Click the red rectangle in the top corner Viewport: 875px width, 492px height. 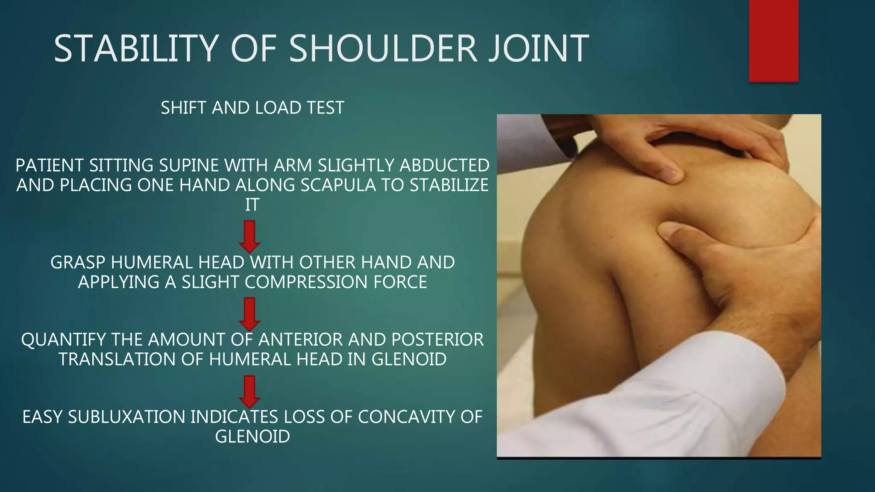click(x=773, y=41)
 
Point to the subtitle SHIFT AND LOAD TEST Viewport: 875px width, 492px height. click(x=252, y=108)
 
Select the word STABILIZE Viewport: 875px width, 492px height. click(x=449, y=185)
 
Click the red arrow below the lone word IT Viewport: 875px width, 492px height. click(x=250, y=236)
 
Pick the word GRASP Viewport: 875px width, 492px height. click(x=78, y=263)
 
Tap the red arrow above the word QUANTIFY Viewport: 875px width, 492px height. click(x=250, y=314)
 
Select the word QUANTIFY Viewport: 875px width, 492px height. click(x=63, y=340)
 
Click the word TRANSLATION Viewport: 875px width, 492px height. click(x=117, y=360)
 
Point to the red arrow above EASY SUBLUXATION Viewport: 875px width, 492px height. click(x=250, y=391)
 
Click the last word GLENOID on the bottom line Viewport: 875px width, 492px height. click(x=252, y=437)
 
